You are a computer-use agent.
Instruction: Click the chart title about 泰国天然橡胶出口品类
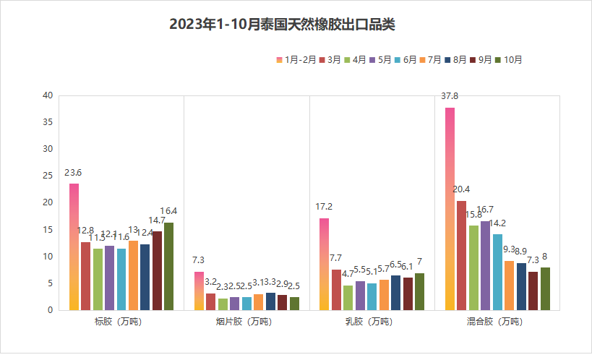coord(282,25)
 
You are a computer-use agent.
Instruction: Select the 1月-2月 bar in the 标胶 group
coord(74,247)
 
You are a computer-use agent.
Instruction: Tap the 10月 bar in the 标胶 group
coord(168,266)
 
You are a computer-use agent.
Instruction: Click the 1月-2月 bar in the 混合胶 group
coord(450,209)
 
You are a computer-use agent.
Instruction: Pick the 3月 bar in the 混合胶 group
coord(462,255)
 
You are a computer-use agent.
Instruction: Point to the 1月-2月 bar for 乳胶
coord(324,264)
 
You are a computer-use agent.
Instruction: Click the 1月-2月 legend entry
coord(296,60)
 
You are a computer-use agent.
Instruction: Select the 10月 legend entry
coord(509,60)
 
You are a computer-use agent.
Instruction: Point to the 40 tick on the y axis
coord(48,95)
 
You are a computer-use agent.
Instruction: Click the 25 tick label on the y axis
coord(48,176)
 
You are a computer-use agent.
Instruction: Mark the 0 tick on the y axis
coord(50,310)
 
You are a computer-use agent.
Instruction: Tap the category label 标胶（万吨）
coord(121,322)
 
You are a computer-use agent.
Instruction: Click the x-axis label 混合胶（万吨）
coord(497,322)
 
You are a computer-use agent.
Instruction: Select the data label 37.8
coord(450,95)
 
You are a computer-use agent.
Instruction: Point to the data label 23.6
coord(73,173)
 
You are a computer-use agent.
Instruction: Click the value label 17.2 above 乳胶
coord(324,207)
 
